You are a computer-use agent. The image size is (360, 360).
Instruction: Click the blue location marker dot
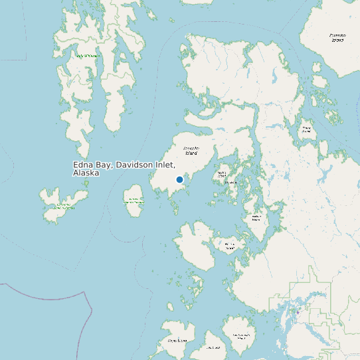179,179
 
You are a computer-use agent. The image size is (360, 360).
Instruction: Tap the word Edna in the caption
83,165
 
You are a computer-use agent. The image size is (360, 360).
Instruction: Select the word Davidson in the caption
135,165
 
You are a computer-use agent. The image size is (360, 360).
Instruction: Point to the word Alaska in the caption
86,173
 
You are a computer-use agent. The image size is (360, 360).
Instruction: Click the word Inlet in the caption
166,165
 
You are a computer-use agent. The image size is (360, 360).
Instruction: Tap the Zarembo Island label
337,37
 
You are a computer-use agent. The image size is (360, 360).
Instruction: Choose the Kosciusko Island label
191,151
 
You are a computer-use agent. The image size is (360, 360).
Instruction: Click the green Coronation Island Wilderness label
64,206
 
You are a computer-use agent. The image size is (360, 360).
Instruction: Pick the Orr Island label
231,182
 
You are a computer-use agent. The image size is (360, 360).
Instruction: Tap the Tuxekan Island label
256,217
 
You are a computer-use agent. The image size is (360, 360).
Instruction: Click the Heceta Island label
230,246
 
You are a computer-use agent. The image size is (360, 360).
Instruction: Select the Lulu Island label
213,347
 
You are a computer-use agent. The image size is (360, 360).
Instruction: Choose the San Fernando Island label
241,337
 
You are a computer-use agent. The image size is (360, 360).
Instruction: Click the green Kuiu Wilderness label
88,56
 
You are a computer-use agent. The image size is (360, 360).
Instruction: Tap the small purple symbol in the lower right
299,312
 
